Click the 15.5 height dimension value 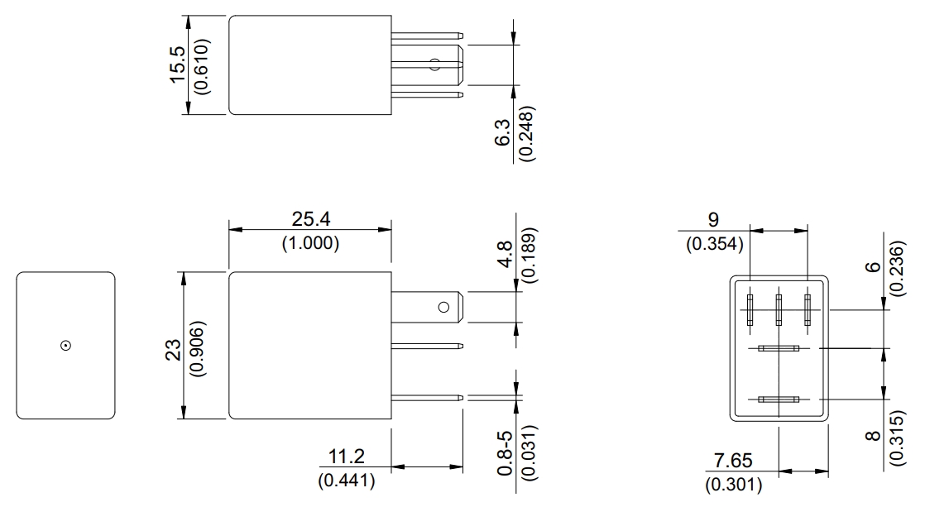pyautogui.click(x=177, y=65)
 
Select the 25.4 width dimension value pyautogui.click(x=311, y=219)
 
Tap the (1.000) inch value pyautogui.click(x=310, y=243)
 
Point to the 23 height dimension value pyautogui.click(x=173, y=350)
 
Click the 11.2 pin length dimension pyautogui.click(x=346, y=456)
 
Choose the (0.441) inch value pyautogui.click(x=346, y=481)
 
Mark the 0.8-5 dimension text pyautogui.click(x=505, y=453)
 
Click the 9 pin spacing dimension pyautogui.click(x=713, y=219)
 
